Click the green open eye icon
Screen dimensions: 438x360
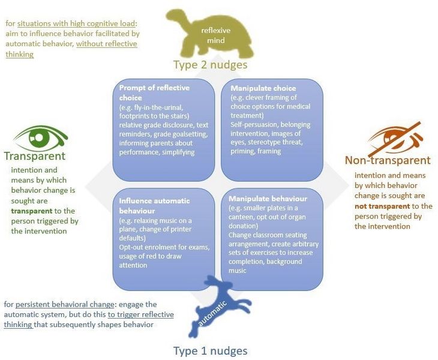pyautogui.click(x=41, y=137)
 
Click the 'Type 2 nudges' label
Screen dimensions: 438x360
pyautogui.click(x=211, y=65)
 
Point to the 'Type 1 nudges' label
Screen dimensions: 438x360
pyautogui.click(x=211, y=350)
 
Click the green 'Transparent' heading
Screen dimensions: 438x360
pyautogui.click(x=35, y=156)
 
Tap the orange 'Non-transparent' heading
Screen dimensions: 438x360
pyautogui.click(x=388, y=160)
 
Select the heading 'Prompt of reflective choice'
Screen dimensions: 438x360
pyautogui.click(x=154, y=93)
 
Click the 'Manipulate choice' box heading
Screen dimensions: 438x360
pyautogui.click(x=263, y=88)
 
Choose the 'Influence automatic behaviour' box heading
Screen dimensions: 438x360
pyautogui.click(x=154, y=206)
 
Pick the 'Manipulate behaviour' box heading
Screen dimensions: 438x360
pyautogui.click(x=268, y=199)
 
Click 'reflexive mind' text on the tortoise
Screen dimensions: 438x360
pyautogui.click(x=215, y=35)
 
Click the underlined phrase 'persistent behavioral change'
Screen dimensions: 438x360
pyautogui.click(x=65, y=304)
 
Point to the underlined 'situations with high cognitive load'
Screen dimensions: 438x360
pyautogui.click(x=76, y=23)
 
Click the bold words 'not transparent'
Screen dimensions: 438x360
pyautogui.click(x=382, y=206)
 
